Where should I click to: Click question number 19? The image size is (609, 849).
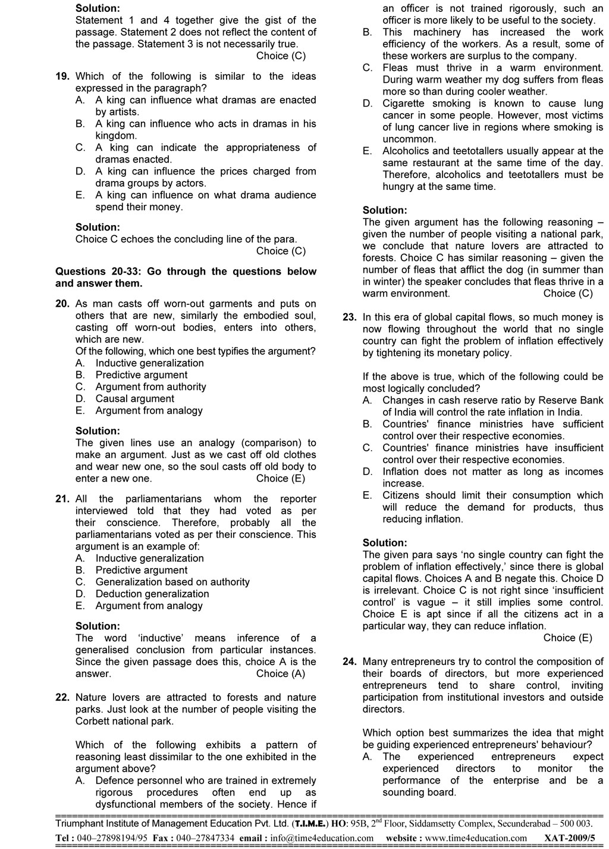(x=62, y=76)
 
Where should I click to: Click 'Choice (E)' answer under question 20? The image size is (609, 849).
(x=281, y=479)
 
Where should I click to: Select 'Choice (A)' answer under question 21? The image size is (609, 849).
(x=281, y=674)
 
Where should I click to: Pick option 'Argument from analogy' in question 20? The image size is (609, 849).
(x=149, y=411)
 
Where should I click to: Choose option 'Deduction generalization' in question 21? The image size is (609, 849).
(x=152, y=594)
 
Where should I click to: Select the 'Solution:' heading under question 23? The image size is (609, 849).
(x=385, y=543)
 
